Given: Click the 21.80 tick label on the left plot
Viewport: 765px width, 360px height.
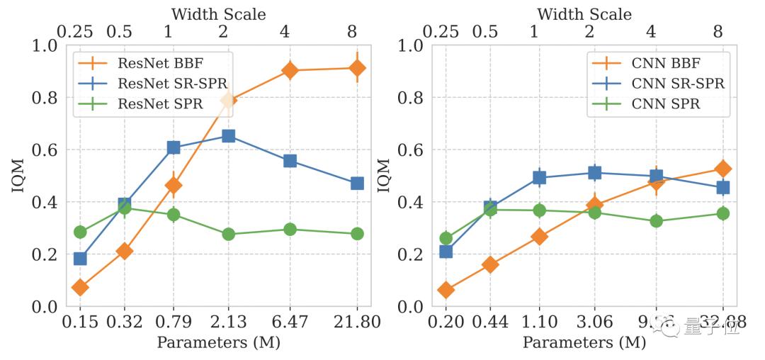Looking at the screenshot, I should (x=357, y=322).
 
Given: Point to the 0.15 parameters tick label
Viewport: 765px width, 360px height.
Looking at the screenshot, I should (x=80, y=322).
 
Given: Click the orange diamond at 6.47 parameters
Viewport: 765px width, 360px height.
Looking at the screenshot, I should (x=290, y=70).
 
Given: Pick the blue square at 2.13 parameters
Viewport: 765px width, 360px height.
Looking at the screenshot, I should (x=229, y=135).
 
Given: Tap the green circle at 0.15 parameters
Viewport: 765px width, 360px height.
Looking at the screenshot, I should (x=80, y=232).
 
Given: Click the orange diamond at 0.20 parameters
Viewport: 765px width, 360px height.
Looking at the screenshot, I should (x=446, y=290).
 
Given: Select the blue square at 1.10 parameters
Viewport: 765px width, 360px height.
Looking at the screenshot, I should (x=539, y=177).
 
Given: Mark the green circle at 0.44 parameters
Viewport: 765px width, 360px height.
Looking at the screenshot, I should (x=490, y=209).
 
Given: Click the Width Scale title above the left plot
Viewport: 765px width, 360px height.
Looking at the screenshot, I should (x=218, y=13).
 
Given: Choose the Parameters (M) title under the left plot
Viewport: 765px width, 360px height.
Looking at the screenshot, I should (x=218, y=343).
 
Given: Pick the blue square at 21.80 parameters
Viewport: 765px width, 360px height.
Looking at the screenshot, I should (x=357, y=183).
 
